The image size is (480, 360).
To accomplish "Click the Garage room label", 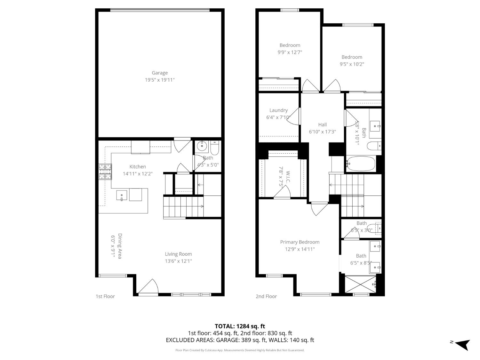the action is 160,73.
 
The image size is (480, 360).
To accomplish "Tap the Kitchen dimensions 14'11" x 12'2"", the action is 138,174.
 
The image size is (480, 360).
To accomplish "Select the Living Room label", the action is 178,254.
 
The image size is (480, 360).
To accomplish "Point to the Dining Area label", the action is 120,246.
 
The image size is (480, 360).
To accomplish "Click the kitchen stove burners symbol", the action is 105,172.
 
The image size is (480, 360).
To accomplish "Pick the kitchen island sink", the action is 122,196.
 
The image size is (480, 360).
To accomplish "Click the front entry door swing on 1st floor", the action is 148,286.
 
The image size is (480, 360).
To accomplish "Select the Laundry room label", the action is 278,110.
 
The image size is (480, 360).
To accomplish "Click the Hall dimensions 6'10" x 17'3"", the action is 322,132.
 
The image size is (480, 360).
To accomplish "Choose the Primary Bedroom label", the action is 300,242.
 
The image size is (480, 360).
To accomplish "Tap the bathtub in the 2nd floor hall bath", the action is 361,164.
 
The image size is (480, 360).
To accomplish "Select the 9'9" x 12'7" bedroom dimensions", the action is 290,52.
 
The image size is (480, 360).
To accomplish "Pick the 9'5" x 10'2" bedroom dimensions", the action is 352,64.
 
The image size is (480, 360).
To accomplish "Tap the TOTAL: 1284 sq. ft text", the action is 240,326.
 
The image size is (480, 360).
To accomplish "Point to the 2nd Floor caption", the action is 266,296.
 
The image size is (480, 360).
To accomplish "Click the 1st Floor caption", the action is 105,296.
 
